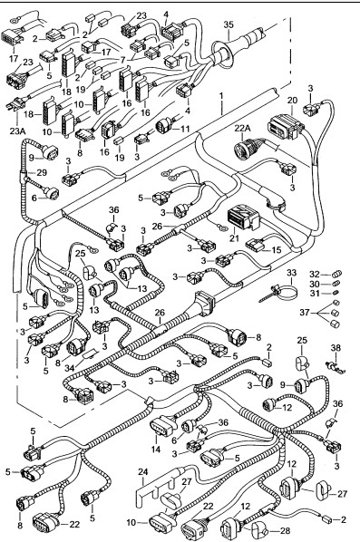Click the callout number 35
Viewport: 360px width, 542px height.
(x=229, y=24)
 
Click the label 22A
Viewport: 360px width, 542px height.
(x=242, y=128)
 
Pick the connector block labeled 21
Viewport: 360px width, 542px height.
(x=243, y=218)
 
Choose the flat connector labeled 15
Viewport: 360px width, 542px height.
(x=255, y=245)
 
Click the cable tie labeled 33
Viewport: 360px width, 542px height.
(x=280, y=292)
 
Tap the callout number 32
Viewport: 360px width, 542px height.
(x=315, y=275)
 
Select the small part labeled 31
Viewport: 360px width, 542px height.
(x=336, y=293)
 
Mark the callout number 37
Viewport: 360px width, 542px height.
(x=305, y=313)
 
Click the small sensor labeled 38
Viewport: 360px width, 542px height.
(x=335, y=367)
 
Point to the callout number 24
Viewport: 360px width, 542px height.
(x=143, y=471)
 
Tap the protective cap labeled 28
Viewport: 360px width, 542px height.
(x=258, y=529)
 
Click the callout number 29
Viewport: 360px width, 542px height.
(x=42, y=172)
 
